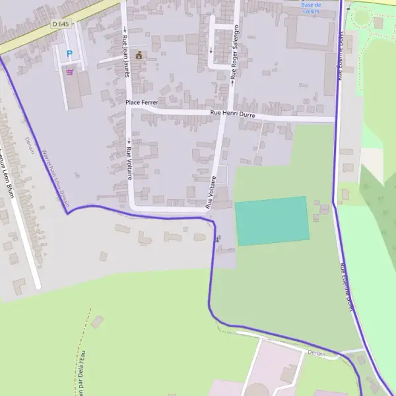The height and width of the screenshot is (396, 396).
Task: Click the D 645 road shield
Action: coord(60,24)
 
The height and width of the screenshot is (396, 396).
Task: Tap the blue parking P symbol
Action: coord(69,53)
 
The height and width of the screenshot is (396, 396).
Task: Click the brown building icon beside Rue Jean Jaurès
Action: coord(139,55)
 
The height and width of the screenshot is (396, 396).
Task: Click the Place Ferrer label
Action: coord(141,103)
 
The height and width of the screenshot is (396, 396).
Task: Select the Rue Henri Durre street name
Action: coord(232,114)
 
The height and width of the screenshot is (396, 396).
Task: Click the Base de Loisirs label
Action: coord(310,7)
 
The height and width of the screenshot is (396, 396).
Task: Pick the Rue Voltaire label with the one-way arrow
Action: coord(129,158)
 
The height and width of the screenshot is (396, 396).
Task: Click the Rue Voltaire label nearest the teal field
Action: coord(211,192)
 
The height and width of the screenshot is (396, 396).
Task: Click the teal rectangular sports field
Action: coord(272,220)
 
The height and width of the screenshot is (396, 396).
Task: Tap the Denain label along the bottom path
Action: coord(317,353)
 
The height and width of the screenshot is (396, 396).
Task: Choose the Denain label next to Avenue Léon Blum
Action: coord(30,145)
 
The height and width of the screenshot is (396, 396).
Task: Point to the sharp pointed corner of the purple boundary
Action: coord(67,213)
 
